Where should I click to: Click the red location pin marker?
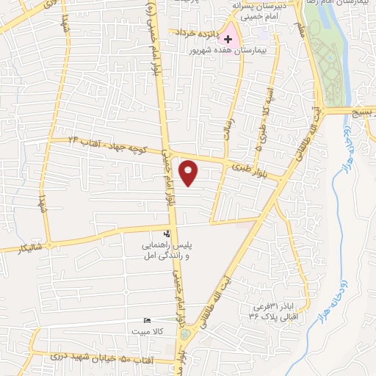pyautogui.click(x=189, y=173)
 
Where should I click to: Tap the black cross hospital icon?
pyautogui.click(x=228, y=38)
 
